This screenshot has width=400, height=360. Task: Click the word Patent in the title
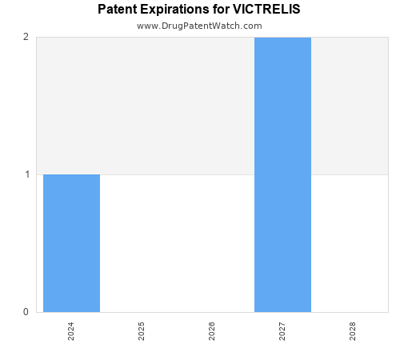click(x=118, y=10)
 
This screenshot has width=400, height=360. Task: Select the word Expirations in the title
click(x=176, y=10)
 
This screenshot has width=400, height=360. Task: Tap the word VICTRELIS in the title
click(x=267, y=10)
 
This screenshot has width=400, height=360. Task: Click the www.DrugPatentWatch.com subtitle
click(x=199, y=26)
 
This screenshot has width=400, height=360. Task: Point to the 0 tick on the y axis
click(x=26, y=312)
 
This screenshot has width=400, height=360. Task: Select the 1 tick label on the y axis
click(x=26, y=174)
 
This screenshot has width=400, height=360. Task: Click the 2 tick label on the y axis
click(x=26, y=37)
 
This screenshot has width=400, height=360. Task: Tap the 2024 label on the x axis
click(x=71, y=331)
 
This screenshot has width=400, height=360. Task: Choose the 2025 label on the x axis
click(x=142, y=331)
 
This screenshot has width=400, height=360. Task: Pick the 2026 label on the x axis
click(x=212, y=331)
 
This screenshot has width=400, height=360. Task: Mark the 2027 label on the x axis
click(x=282, y=331)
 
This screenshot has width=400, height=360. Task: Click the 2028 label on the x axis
click(x=353, y=331)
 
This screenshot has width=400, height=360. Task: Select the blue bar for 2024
click(x=71, y=243)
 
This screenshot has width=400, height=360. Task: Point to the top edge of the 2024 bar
click(x=71, y=174)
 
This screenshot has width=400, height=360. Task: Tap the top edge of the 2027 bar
click(x=282, y=38)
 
